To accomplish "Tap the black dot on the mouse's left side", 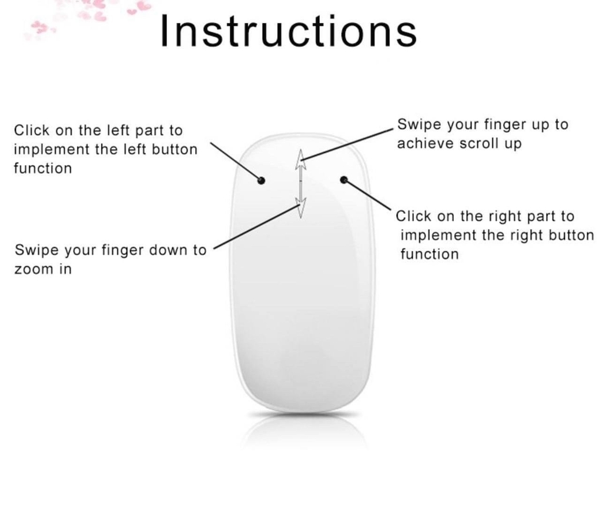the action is point(261,180).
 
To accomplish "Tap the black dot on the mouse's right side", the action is point(344,180).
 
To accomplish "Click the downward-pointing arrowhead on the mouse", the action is point(300,208).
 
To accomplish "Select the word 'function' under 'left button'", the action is point(43,169).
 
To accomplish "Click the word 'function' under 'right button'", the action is point(430,254).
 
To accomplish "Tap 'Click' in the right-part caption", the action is point(413,216).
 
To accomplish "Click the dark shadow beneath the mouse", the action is point(304,414).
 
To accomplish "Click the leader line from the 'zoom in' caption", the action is point(257,227).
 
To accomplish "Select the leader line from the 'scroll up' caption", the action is point(347,144).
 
